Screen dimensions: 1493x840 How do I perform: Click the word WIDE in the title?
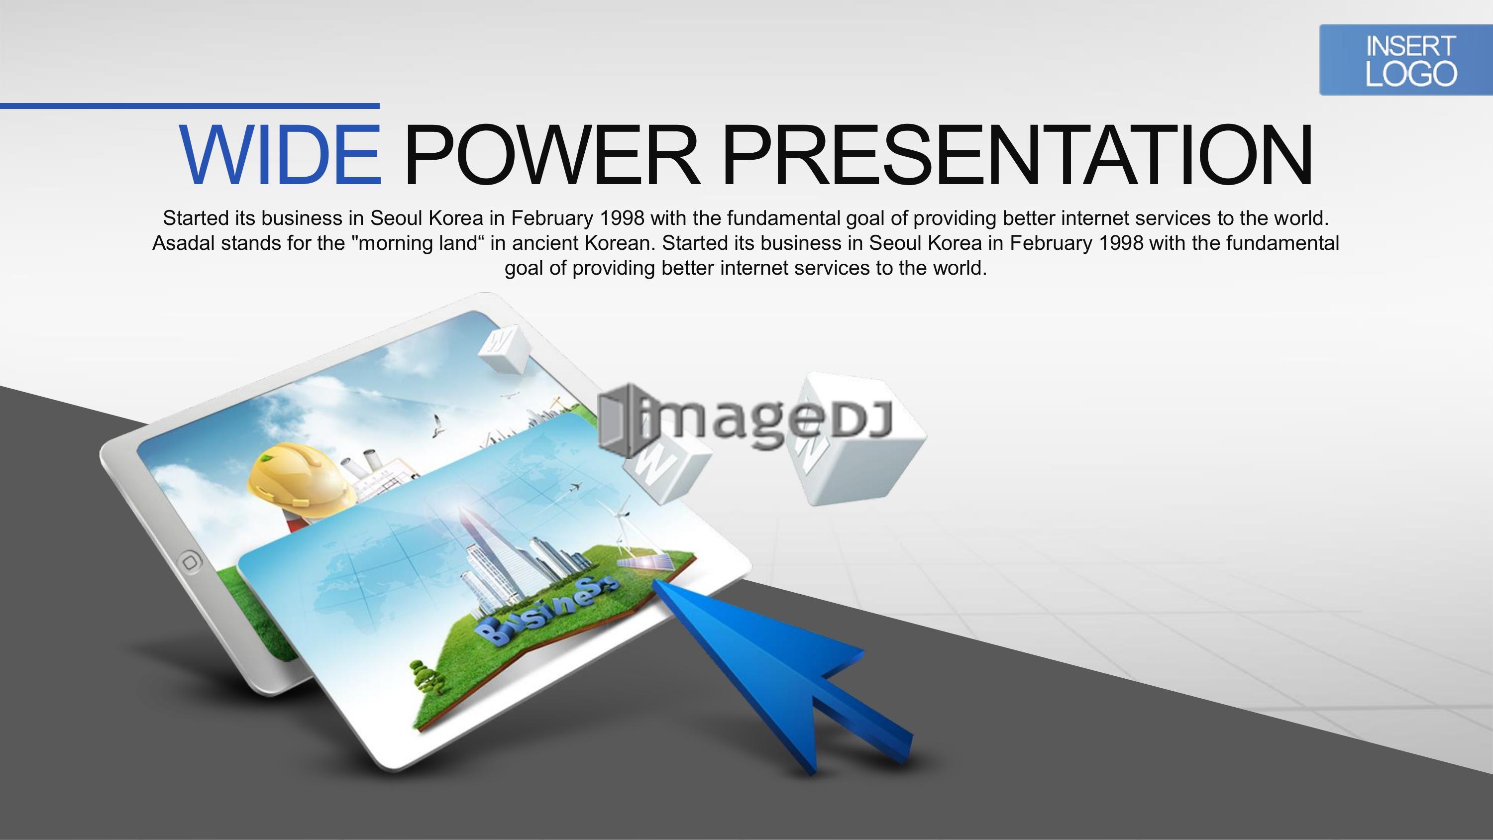(280, 155)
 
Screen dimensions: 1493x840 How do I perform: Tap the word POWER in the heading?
(551, 155)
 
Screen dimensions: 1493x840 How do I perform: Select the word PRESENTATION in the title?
(1018, 155)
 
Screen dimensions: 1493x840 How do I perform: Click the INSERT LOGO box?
(1406, 60)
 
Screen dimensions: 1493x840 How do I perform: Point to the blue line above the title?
(190, 106)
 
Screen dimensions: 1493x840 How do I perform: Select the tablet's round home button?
(190, 561)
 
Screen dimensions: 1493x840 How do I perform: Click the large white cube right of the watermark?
(858, 439)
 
